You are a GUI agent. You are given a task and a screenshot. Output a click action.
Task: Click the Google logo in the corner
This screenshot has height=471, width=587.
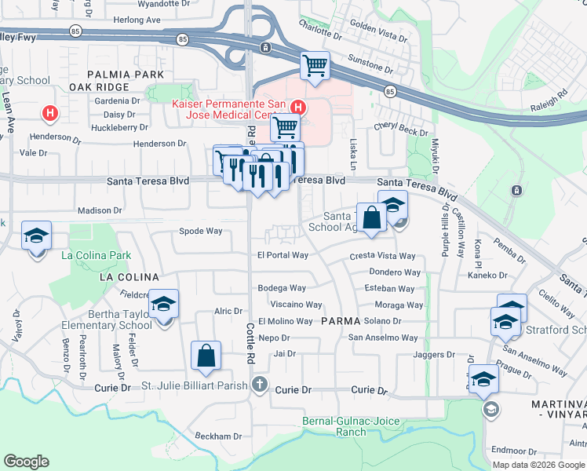tap(27, 462)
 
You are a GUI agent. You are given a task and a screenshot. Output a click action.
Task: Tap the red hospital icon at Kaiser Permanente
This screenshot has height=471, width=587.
tap(297, 108)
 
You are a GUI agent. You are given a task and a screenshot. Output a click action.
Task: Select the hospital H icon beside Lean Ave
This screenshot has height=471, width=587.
tap(50, 114)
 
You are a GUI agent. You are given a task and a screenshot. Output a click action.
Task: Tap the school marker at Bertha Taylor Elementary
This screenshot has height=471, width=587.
tap(164, 303)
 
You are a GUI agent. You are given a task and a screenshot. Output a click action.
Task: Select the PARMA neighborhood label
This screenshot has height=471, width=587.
tap(340, 321)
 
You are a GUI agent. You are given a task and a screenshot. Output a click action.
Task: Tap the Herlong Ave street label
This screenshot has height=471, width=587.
tap(137, 20)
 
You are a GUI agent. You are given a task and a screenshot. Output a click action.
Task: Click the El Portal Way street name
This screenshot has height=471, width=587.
tap(283, 255)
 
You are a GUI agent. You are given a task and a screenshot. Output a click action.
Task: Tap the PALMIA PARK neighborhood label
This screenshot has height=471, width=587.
tap(121, 74)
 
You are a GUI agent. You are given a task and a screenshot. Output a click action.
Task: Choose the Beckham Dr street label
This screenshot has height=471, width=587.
tap(218, 436)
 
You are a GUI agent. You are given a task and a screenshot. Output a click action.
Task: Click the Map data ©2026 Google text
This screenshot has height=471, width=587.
tap(538, 464)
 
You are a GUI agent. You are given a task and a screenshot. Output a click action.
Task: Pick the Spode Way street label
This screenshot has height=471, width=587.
tap(201, 232)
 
